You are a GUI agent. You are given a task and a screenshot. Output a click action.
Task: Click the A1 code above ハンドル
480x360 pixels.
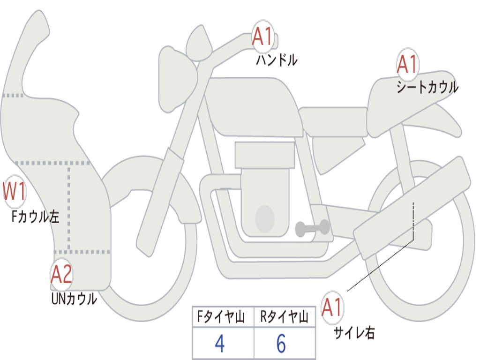coord(262,37)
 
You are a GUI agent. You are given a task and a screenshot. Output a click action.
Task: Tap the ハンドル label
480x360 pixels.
coord(277,60)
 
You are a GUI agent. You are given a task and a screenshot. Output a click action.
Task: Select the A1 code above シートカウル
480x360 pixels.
coord(407,64)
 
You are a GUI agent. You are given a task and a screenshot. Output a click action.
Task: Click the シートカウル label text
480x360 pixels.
coord(427,87)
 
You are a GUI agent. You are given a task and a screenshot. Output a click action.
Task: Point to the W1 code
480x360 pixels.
coord(14,192)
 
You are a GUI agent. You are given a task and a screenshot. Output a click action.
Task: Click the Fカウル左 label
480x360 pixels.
coord(36,217)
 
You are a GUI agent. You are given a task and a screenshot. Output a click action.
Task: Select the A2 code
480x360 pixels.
coord(62,275)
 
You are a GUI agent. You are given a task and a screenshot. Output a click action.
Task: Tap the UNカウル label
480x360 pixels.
coord(74,298)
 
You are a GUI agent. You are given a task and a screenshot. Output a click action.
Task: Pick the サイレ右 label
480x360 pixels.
coord(354,332)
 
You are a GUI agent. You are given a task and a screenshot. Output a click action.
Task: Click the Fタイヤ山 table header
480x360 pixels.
coord(220,317)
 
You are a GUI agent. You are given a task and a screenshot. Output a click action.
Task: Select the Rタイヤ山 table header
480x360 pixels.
coord(284,317)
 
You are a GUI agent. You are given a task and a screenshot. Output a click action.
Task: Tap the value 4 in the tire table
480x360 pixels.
coord(219,344)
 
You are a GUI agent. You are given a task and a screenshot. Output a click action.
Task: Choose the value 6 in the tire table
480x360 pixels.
coord(281,344)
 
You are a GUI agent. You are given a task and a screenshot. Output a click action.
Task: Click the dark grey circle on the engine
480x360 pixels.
coord(264,218)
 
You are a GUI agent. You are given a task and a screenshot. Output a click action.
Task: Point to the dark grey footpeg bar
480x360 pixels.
coord(312,228)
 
